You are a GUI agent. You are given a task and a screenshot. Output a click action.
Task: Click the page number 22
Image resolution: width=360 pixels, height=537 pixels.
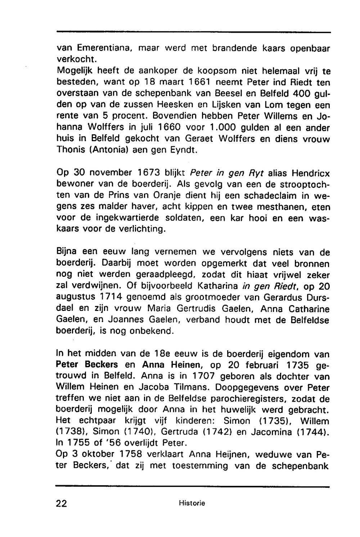pos(62,503)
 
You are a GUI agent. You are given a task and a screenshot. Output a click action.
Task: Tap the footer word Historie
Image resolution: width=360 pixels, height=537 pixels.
pos(192,503)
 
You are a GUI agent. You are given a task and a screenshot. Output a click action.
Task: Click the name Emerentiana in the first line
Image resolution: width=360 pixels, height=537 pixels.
pos(104,48)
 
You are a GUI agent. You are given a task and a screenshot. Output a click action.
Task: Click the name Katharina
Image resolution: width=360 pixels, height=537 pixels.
pos(218,287)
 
